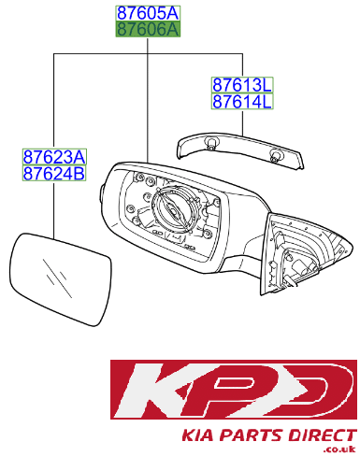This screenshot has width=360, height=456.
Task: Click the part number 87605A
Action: (148, 13)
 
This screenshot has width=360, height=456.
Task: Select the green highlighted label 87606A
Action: (148, 29)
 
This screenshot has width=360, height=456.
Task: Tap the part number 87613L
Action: (242, 85)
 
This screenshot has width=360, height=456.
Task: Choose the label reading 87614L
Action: (242, 101)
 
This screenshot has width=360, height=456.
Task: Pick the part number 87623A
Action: (54, 157)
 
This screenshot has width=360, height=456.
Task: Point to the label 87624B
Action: (54, 173)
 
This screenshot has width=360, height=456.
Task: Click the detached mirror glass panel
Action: (61, 279)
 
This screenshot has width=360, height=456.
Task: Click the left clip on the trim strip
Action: (211, 143)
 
